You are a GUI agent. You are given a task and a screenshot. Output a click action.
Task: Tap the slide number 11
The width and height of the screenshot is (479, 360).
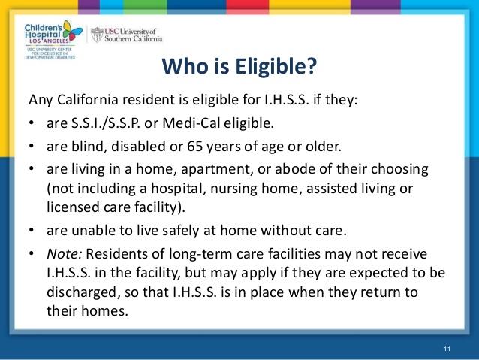point(447,349)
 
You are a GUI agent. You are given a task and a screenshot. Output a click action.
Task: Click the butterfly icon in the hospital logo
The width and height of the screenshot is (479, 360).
point(73,31)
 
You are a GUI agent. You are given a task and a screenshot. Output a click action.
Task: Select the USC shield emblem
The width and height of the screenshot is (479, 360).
point(97,35)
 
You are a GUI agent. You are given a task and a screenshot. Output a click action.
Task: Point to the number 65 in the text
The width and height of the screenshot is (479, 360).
point(195,147)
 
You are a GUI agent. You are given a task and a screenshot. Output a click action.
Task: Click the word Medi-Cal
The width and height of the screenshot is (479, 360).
point(191,123)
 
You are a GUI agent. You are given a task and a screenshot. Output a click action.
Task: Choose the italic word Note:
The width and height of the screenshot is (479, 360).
point(64,254)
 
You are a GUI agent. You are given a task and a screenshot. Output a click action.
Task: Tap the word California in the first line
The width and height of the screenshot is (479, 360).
point(87,100)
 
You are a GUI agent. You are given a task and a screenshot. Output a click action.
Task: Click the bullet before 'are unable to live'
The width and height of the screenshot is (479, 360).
point(32,230)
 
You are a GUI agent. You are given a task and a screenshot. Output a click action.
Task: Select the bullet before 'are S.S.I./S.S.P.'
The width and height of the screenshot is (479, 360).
point(32,123)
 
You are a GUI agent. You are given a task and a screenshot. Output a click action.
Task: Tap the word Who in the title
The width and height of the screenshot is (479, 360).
point(185,66)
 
